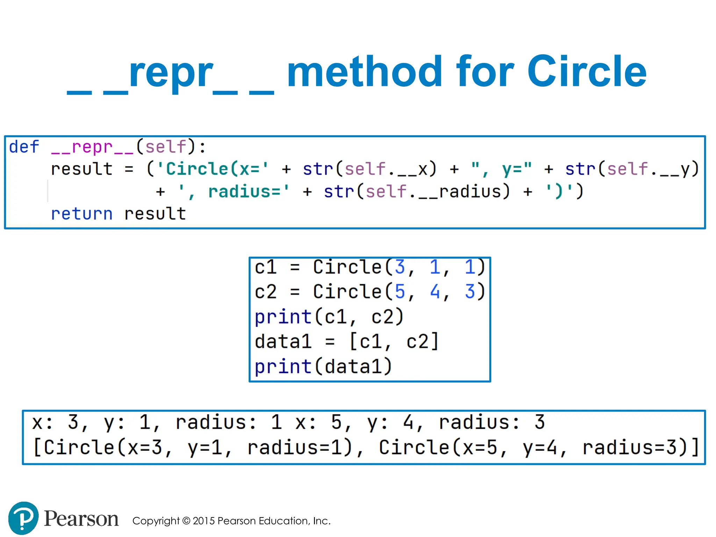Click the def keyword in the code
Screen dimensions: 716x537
click(x=24, y=147)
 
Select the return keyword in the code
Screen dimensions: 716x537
click(x=82, y=214)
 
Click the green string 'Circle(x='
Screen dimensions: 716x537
click(x=213, y=169)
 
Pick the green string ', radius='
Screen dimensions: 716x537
click(x=234, y=192)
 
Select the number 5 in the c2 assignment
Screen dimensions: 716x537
click(x=400, y=292)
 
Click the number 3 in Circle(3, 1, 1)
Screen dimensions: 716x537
click(x=400, y=267)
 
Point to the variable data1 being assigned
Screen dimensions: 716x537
click(x=283, y=342)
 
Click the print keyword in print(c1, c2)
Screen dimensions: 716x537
click(x=283, y=317)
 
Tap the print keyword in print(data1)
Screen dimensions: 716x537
click(x=283, y=367)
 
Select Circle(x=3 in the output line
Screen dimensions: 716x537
click(x=98, y=447)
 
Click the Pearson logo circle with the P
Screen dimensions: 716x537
click(x=23, y=518)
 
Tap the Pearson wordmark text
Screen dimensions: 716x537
click(x=81, y=518)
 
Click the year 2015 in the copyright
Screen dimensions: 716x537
click(x=203, y=521)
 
